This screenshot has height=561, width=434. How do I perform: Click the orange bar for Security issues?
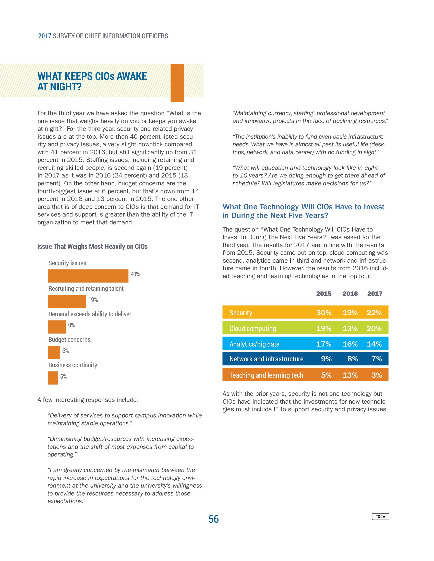[x=88, y=276]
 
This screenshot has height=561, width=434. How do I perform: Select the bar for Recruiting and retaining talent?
[x=67, y=301]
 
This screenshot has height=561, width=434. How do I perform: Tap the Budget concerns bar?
[x=54, y=352]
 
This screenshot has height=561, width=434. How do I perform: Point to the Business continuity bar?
[x=53, y=378]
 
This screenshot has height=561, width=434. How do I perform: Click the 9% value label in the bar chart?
[x=71, y=325]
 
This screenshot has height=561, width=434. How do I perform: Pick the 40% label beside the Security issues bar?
[x=135, y=274]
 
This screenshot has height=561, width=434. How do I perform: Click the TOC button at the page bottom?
[x=380, y=516]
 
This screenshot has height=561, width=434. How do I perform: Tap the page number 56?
[x=213, y=519]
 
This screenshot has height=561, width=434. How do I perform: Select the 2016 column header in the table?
[x=350, y=294]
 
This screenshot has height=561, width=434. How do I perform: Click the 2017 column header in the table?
[x=375, y=294]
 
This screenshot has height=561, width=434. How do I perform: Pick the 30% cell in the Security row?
[x=324, y=313]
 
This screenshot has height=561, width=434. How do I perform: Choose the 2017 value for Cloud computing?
[x=374, y=328]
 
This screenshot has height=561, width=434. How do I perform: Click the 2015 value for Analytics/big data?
[x=324, y=344]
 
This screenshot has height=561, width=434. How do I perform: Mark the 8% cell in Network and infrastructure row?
[x=353, y=359]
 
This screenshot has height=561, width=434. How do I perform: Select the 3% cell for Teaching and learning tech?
[x=377, y=375]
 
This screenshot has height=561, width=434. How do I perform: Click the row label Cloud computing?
[x=252, y=328]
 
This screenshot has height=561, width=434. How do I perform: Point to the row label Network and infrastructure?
[x=266, y=359]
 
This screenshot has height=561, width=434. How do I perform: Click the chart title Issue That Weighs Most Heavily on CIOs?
[x=93, y=247]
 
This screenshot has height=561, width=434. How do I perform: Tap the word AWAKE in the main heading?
[x=132, y=76]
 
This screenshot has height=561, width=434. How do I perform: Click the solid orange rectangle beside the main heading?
[x=177, y=83]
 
